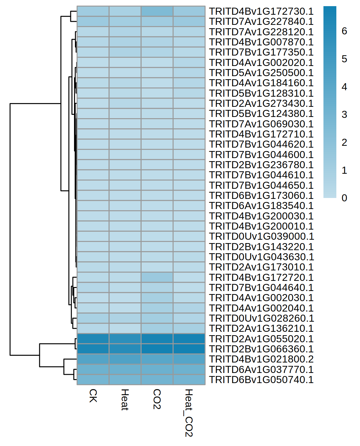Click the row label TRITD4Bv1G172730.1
[261, 11]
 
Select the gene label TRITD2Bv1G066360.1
[261, 349]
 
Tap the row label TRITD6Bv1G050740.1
[261, 380]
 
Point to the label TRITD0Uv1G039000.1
[261, 236]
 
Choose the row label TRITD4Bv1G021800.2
[261, 359]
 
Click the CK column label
[93, 396]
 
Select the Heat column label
[125, 399]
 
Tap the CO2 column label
[157, 399]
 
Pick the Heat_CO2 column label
[189, 413]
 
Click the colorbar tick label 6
[344, 31]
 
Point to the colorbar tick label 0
[344, 198]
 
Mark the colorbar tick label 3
[344, 114]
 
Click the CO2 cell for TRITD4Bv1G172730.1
[157, 11]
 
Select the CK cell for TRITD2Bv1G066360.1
[93, 349]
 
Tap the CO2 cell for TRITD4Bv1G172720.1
[157, 277]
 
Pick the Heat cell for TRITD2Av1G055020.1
[125, 339]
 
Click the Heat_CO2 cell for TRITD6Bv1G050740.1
[189, 380]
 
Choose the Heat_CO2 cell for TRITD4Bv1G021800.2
[189, 359]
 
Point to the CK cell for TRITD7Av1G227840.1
[93, 21]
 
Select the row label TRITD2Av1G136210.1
[261, 328]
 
